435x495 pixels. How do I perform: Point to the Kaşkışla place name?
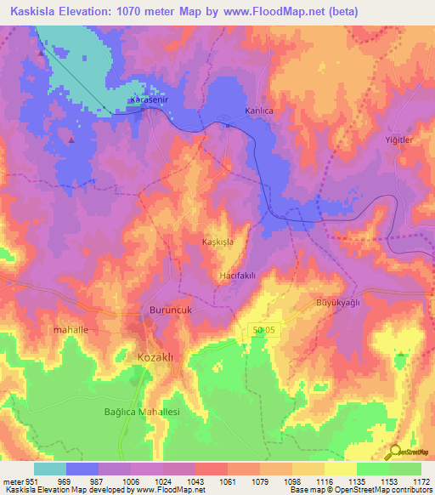(223, 242)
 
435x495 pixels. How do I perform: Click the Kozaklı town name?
(155, 358)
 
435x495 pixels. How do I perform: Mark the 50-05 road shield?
(263, 329)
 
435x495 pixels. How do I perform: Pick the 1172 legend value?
(421, 481)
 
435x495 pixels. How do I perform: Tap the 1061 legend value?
(226, 481)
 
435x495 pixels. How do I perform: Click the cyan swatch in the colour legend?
(50, 469)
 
